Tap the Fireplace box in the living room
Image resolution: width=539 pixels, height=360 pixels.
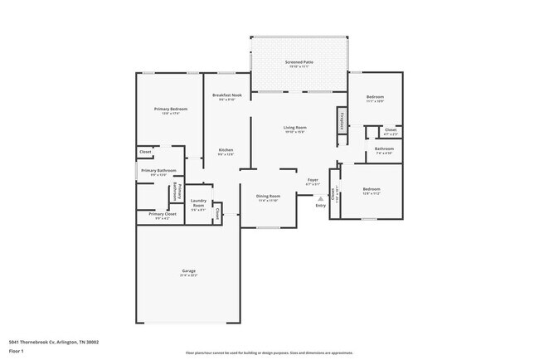pyautogui.click(x=341, y=120)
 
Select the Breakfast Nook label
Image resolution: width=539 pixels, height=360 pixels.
pyautogui.click(x=226, y=96)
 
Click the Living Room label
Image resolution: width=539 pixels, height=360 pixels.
pyautogui.click(x=296, y=129)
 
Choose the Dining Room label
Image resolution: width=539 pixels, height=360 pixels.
pyautogui.click(x=268, y=197)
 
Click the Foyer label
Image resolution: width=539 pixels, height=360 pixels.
pyautogui.click(x=313, y=181)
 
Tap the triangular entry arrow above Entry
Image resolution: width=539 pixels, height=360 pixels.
pyautogui.click(x=320, y=198)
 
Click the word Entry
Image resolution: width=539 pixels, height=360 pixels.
pyautogui.click(x=320, y=206)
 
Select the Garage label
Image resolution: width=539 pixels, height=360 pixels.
pyautogui.click(x=189, y=273)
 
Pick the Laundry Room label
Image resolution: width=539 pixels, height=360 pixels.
pyautogui.click(x=198, y=203)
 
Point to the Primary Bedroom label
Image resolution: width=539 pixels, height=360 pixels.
pyautogui.click(x=170, y=110)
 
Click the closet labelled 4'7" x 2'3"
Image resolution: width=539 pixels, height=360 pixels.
pyautogui.click(x=391, y=131)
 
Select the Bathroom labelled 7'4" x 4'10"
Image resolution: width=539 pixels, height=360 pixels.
pyautogui.click(x=383, y=151)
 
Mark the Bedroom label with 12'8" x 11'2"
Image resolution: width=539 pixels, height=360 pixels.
pyautogui.click(x=371, y=191)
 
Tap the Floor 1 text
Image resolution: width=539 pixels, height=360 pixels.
pyautogui.click(x=17, y=351)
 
